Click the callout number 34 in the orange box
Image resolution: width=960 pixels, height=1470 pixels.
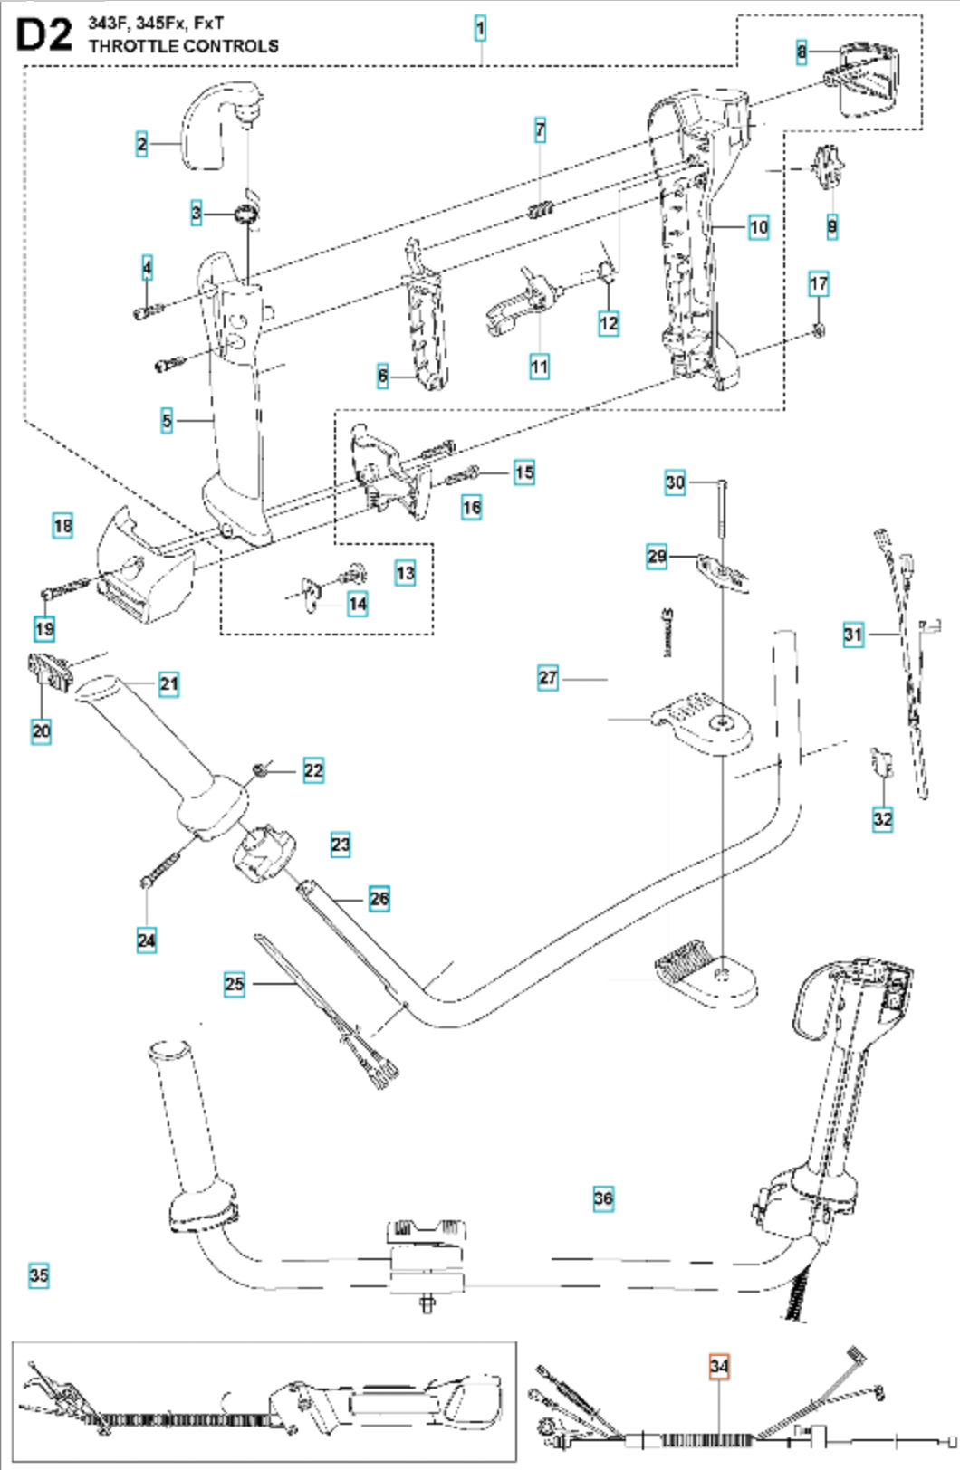click(x=719, y=1366)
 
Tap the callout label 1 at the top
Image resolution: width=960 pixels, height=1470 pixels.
click(x=481, y=29)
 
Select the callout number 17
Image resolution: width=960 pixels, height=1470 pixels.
click(x=818, y=284)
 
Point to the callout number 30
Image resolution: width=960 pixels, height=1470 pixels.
click(x=675, y=482)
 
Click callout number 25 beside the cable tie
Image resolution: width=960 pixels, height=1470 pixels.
click(x=235, y=984)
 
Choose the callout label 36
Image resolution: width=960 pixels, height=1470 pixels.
click(x=603, y=1199)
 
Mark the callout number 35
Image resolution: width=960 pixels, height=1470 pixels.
click(x=39, y=1275)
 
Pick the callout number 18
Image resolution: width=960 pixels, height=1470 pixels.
click(x=62, y=526)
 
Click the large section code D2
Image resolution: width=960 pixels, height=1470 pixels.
click(x=43, y=35)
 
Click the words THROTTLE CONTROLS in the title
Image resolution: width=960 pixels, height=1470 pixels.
click(x=184, y=46)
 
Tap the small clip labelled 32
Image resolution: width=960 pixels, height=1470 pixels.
click(x=882, y=762)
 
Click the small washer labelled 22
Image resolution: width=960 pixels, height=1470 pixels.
click(x=259, y=769)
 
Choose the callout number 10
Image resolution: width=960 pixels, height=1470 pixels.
click(x=758, y=228)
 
